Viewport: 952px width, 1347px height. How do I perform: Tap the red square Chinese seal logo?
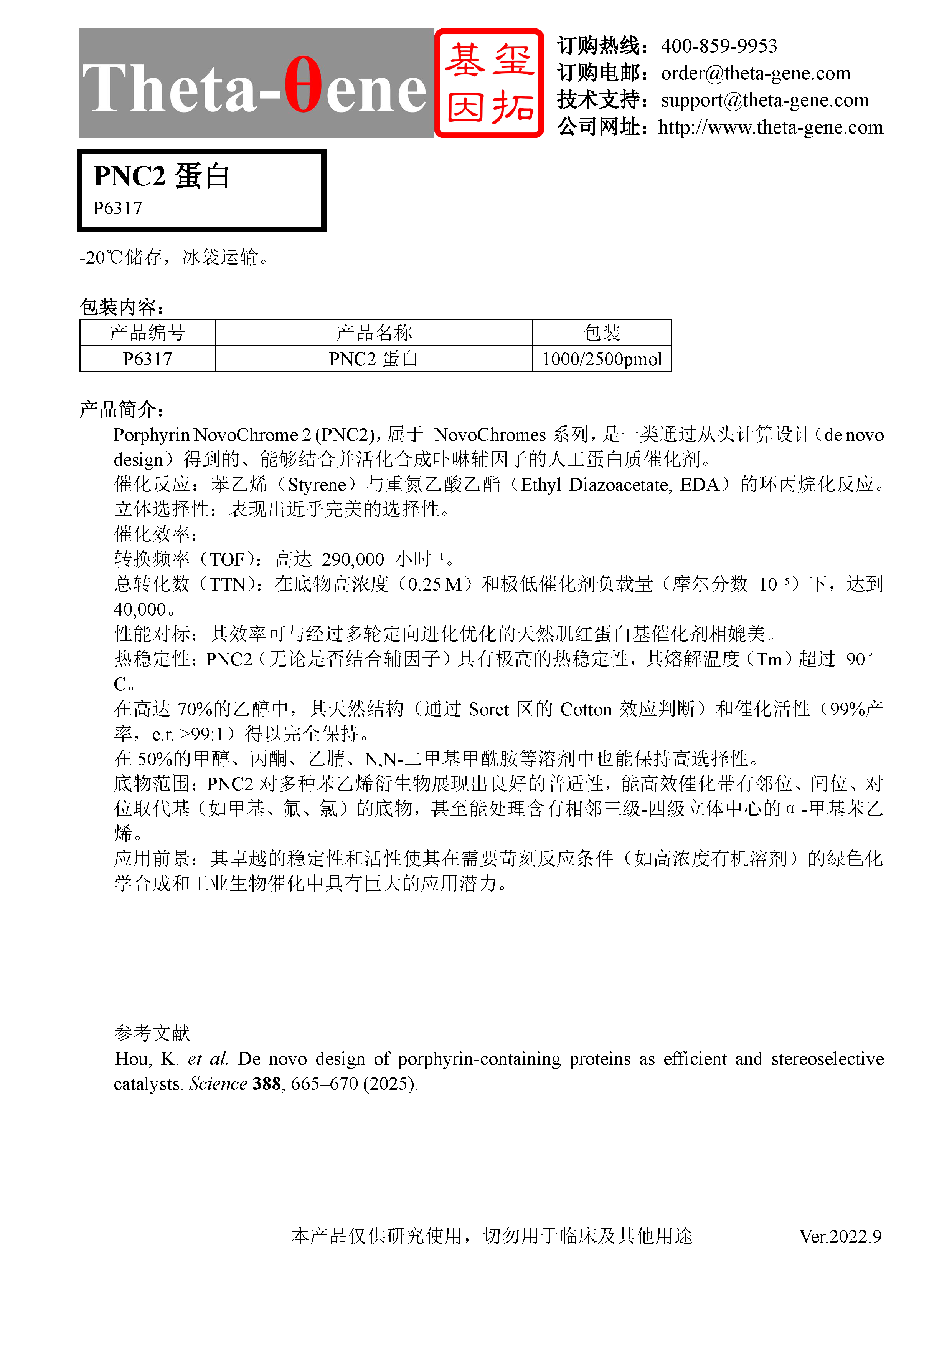[x=489, y=83]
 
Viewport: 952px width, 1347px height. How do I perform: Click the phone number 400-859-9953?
[x=719, y=46]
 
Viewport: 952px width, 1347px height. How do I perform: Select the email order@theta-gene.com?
[x=755, y=73]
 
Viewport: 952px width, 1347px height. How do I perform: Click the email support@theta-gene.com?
[x=764, y=100]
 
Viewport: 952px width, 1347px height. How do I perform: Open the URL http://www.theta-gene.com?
[x=770, y=127]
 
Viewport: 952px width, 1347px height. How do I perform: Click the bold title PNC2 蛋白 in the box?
[x=162, y=176]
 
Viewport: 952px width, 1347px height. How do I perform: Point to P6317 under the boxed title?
[x=118, y=208]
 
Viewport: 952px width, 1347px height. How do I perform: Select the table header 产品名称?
[x=374, y=333]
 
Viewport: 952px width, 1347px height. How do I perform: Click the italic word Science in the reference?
[x=218, y=1084]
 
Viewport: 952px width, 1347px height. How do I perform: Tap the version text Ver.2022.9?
[x=840, y=1237]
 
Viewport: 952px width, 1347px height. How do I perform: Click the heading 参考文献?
[x=152, y=1033]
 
